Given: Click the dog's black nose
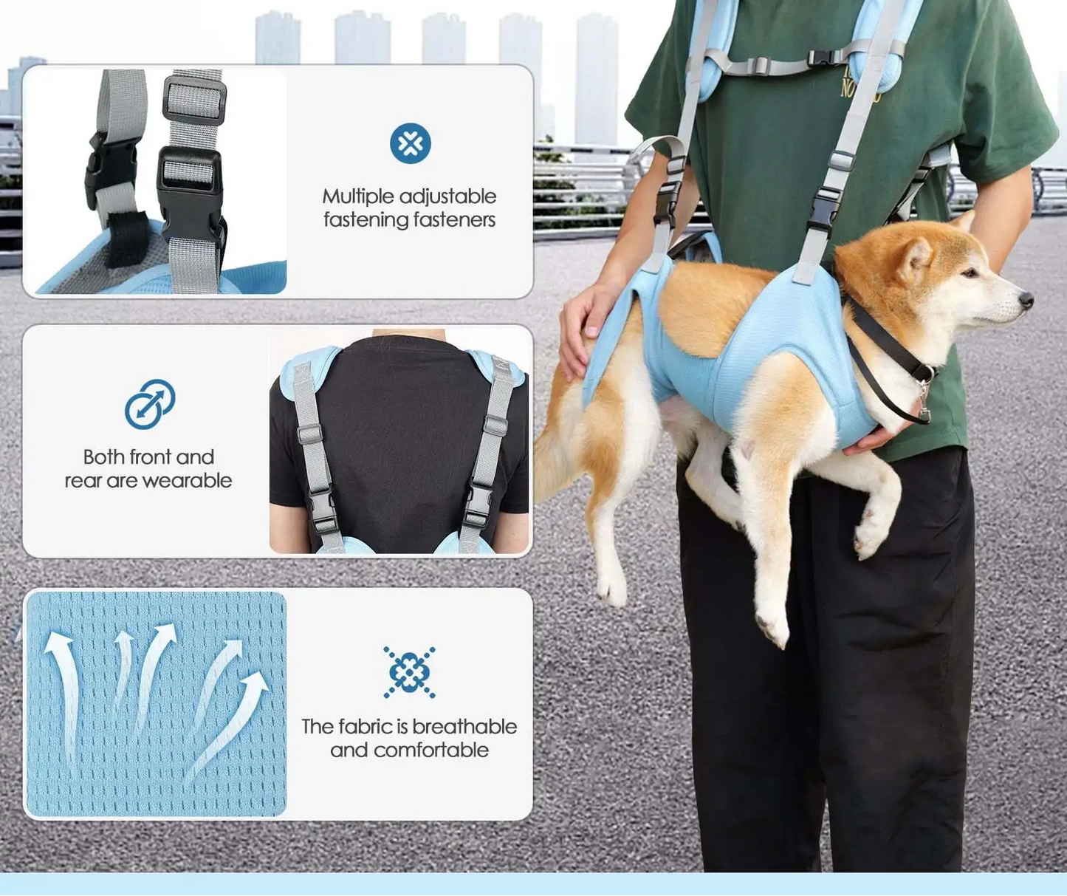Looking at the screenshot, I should tap(1025, 299).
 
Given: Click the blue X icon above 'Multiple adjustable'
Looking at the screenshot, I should tap(410, 143).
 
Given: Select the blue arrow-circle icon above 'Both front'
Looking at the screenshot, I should tap(150, 404).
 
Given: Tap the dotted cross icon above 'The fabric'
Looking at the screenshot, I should tap(409, 672).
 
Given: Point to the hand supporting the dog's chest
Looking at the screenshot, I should tap(871, 441).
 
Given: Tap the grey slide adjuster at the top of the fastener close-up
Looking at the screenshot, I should tap(194, 100).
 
